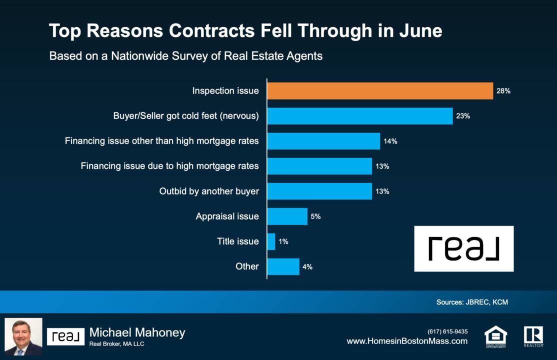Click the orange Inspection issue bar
tap(380, 91)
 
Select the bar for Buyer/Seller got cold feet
tap(359, 116)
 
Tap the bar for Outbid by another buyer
tap(319, 191)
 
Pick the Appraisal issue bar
tap(287, 216)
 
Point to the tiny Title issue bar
tap(271, 241)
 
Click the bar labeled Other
tap(283, 266)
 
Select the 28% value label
tap(503, 91)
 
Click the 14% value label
tap(390, 141)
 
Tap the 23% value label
tap(462, 116)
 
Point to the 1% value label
tap(283, 241)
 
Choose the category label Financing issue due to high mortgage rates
tap(170, 166)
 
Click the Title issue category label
tap(237, 241)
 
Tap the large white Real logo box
tap(463, 248)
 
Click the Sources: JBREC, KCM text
tap(472, 302)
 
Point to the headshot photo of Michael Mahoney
tap(23, 336)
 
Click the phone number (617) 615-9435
tap(447, 331)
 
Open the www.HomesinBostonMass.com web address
tap(407, 341)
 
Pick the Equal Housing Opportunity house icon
tap(495, 336)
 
